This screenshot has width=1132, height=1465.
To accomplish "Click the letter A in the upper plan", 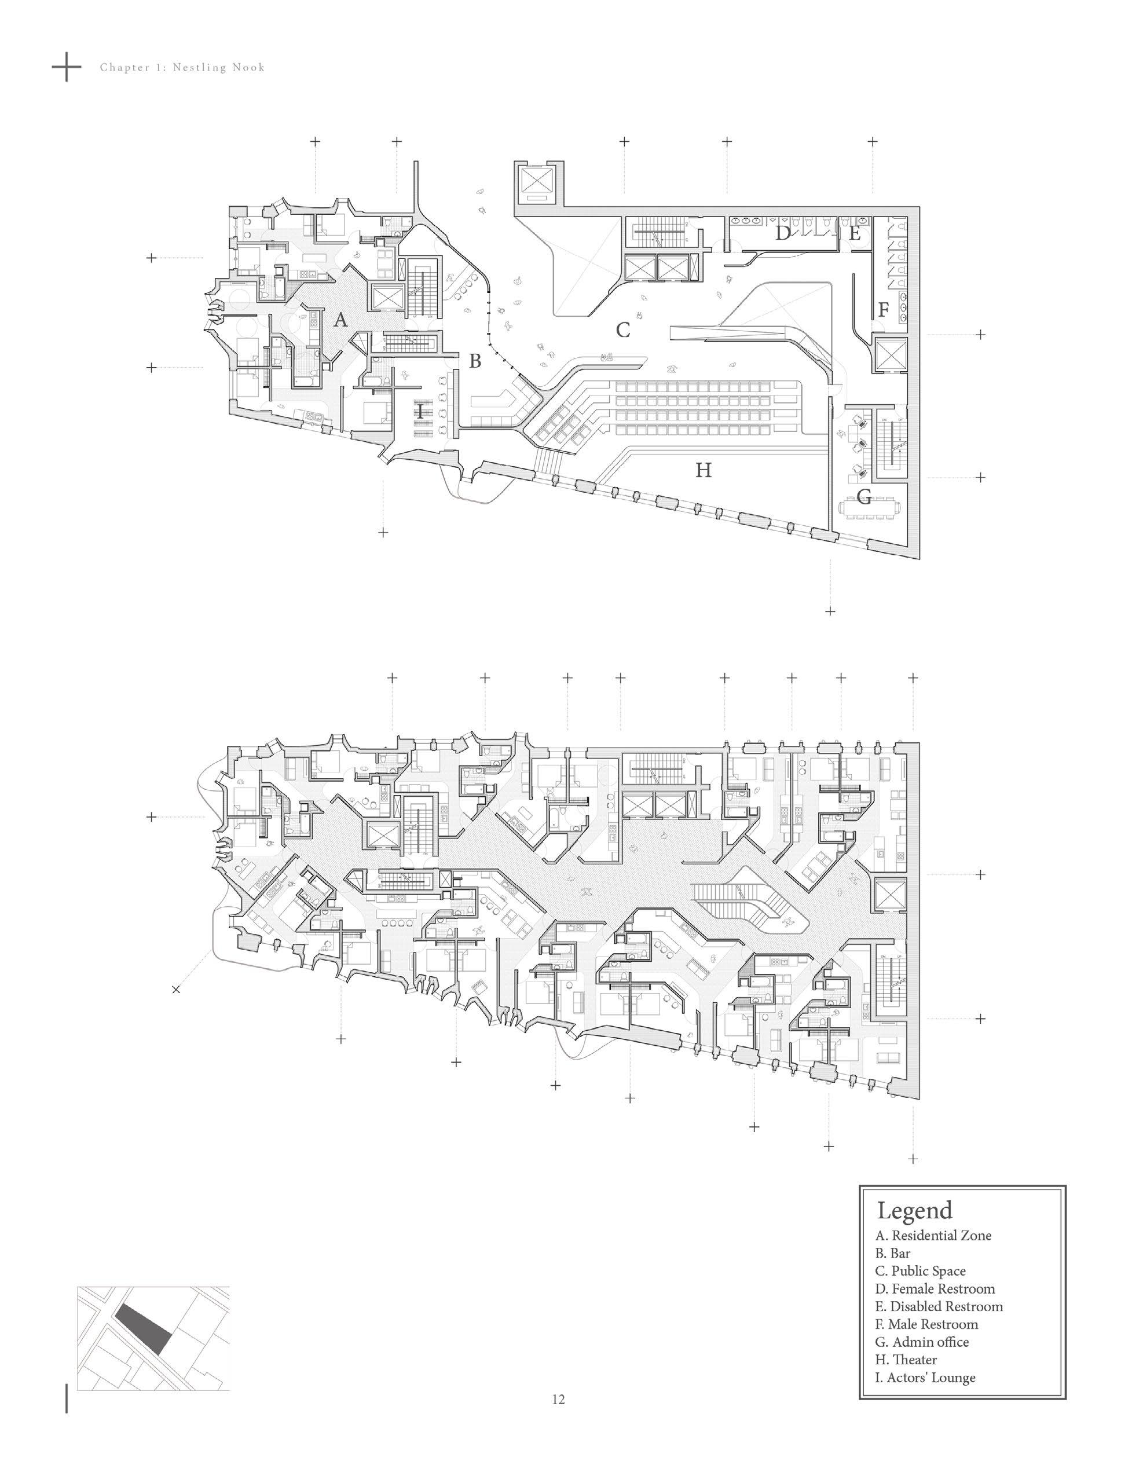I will [x=340, y=321].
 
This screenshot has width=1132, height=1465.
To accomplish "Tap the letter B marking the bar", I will [x=475, y=361].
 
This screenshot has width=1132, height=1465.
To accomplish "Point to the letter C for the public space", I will [x=623, y=330].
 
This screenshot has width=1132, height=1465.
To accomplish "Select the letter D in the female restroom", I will [x=782, y=234].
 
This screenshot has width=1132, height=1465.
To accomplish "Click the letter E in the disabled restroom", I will [x=855, y=234].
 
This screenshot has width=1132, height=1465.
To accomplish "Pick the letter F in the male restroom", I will [x=883, y=310].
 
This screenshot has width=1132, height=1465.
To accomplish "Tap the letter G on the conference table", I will [x=864, y=497].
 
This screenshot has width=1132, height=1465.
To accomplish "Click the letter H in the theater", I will [x=703, y=471].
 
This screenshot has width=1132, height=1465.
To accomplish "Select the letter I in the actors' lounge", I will [x=420, y=411].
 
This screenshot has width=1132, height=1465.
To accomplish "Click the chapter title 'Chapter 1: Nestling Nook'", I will [x=182, y=67].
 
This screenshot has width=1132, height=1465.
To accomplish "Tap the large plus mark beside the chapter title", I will [x=67, y=67].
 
